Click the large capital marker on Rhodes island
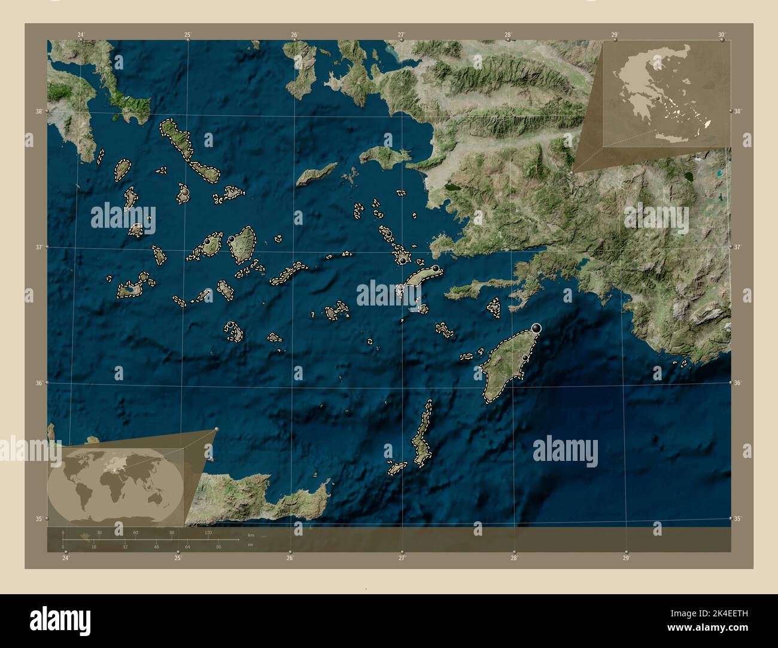point(536,328)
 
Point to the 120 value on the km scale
point(208,532)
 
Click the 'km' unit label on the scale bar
point(251,534)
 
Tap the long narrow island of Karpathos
point(423,436)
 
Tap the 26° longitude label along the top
point(294,35)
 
